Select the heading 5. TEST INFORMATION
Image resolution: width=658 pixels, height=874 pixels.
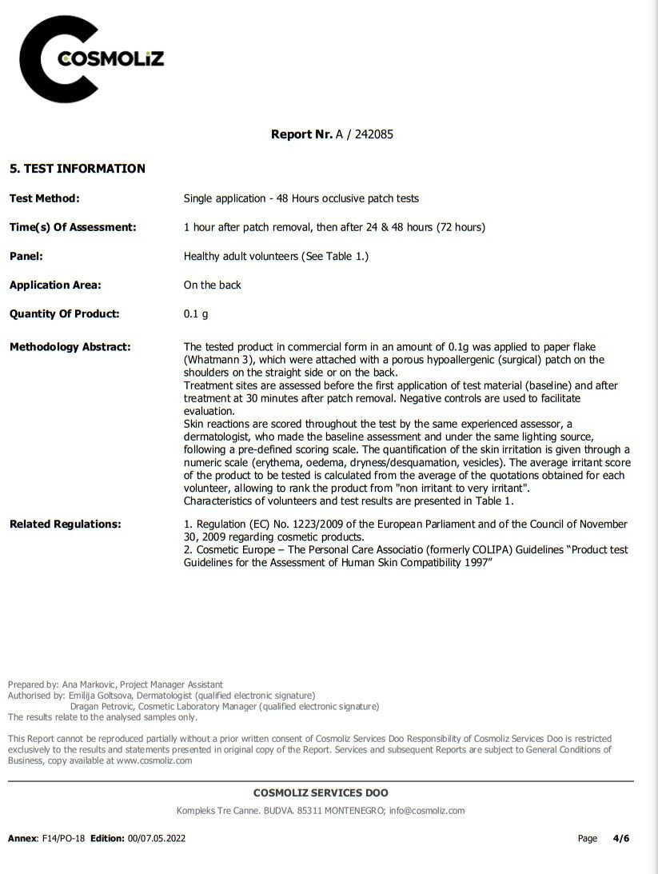[77, 169]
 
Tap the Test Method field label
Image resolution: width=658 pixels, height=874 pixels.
[44, 198]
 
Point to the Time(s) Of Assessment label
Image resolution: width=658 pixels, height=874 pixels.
[73, 227]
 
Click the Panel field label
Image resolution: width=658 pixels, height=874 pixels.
[26, 256]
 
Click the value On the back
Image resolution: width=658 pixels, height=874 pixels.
[212, 285]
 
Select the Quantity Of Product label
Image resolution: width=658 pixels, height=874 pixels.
[64, 313]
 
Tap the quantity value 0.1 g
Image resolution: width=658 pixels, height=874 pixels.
[195, 313]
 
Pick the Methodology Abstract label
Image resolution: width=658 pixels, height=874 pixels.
[70, 347]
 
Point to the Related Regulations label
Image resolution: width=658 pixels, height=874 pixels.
[65, 524]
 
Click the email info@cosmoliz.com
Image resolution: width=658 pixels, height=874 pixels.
[427, 810]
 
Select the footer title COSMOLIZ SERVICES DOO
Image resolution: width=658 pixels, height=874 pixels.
[321, 793]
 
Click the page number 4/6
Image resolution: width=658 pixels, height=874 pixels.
[620, 838]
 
